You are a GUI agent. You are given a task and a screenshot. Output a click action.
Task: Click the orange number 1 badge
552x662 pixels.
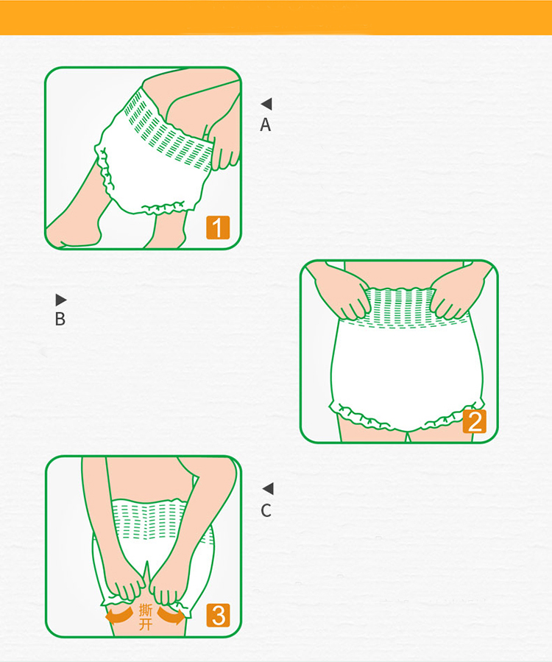pyautogui.click(x=218, y=227)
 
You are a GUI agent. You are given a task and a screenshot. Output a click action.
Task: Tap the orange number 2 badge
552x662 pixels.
pyautogui.click(x=474, y=421)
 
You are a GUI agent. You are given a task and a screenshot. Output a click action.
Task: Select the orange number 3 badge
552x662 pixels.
pyautogui.click(x=218, y=615)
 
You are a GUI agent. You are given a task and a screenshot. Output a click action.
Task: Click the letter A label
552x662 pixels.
pyautogui.click(x=266, y=125)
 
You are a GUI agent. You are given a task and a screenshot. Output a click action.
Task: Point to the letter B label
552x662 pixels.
pyautogui.click(x=60, y=319)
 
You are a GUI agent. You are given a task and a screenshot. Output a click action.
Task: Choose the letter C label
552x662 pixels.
pyautogui.click(x=266, y=511)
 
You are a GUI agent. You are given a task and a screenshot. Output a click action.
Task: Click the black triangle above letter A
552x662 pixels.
pyautogui.click(x=266, y=104)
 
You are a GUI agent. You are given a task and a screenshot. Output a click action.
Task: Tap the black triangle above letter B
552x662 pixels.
pyautogui.click(x=61, y=300)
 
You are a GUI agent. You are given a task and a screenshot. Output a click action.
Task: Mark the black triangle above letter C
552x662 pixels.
pyautogui.click(x=268, y=489)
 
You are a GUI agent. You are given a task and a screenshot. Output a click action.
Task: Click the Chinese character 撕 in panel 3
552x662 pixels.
pyautogui.click(x=146, y=610)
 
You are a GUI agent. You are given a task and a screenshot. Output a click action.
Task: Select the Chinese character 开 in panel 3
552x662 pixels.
pyautogui.click(x=146, y=624)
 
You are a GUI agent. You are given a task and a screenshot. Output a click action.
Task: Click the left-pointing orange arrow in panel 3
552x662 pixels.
pyautogui.click(x=119, y=616)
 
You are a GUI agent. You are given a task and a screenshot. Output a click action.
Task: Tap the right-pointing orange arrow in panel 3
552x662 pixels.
pyautogui.click(x=171, y=616)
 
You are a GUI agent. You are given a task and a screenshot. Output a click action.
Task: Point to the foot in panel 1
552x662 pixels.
pyautogui.click(x=74, y=235)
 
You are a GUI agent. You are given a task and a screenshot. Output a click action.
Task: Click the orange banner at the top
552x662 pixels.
pyautogui.click(x=276, y=18)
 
